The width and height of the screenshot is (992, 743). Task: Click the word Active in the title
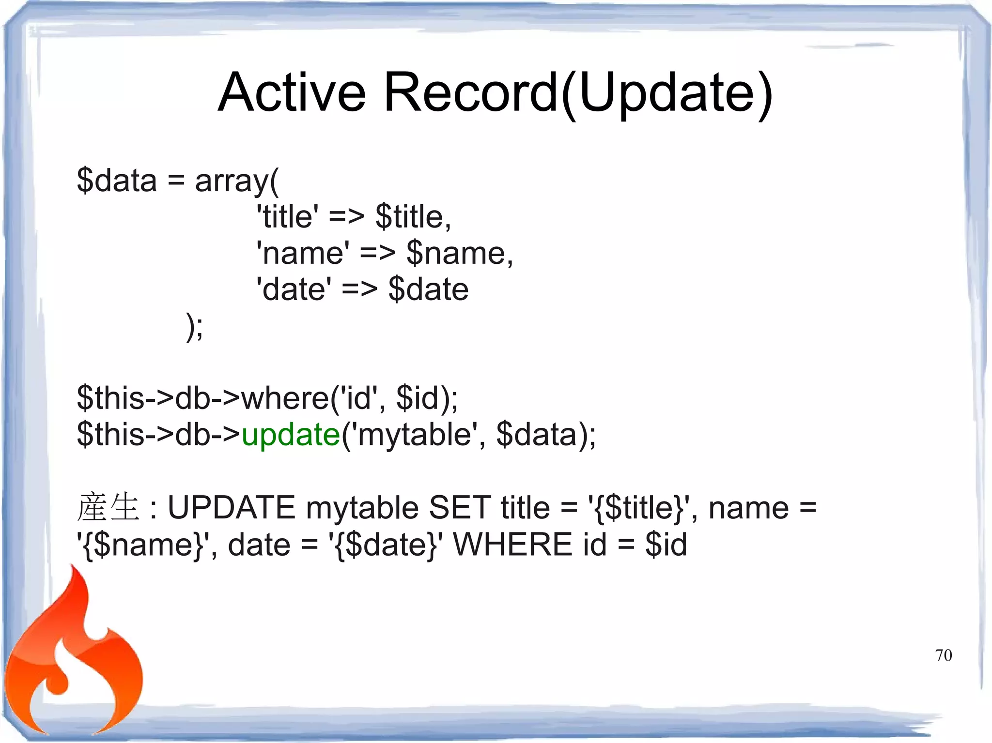pos(292,92)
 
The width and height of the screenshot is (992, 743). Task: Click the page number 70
pos(943,655)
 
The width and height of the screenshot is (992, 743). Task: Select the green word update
pos(291,434)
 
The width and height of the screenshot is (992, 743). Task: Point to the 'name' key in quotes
pos(302,253)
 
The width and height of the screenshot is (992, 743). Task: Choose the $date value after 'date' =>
pos(428,289)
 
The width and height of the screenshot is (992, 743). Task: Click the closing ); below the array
pos(195,327)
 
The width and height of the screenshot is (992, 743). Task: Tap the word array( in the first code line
pos(237,181)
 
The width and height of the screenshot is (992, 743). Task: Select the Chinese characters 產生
pos(108,507)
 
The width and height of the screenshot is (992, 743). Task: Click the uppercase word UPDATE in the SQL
pos(231,508)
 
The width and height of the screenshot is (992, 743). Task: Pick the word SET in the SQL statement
pos(459,508)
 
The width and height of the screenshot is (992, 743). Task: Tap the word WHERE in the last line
pos(512,544)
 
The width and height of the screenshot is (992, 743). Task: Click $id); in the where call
pos(426,398)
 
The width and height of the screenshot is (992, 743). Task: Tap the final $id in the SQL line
pos(666,544)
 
